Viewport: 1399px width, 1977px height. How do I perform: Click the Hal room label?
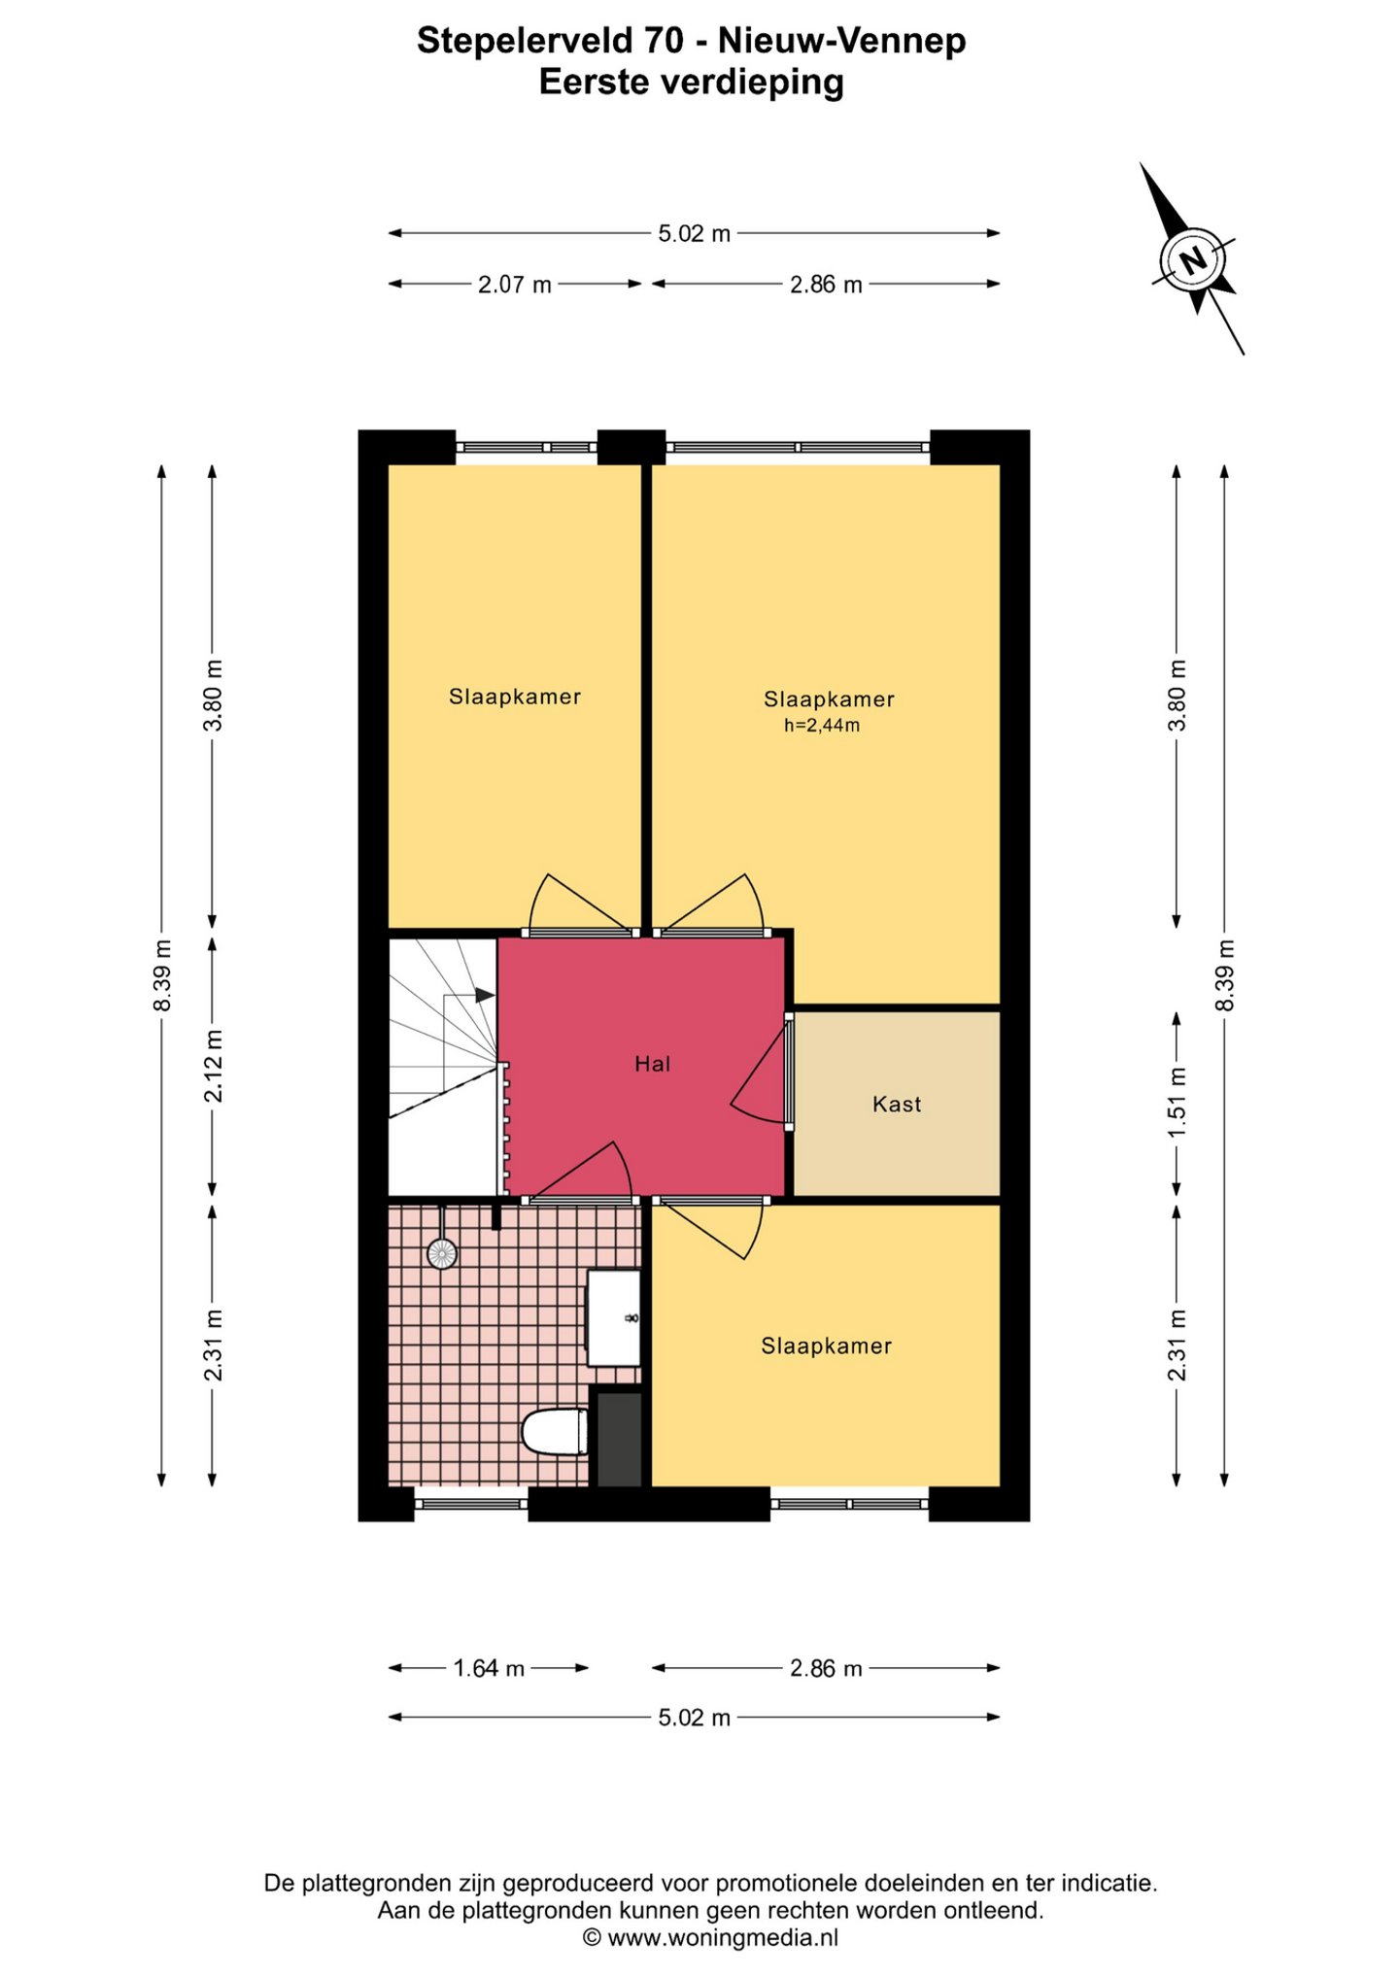652,1064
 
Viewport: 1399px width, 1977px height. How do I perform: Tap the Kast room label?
897,1104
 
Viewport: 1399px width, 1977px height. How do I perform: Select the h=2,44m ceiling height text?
822,726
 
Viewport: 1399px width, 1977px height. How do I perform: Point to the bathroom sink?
614,1318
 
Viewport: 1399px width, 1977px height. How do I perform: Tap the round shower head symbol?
442,1254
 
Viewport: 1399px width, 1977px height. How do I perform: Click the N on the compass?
1193,259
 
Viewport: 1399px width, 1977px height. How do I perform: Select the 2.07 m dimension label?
515,285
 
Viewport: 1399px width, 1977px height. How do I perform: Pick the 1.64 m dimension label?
489,1668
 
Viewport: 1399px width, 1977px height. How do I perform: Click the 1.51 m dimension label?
1177,1104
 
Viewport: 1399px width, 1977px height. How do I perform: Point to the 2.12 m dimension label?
213,1066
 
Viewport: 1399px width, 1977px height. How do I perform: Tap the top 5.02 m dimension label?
694,233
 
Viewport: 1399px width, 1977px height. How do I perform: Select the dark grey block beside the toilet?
619,1440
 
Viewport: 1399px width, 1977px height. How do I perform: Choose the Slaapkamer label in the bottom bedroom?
826,1346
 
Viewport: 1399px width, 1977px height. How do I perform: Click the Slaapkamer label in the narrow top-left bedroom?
515,697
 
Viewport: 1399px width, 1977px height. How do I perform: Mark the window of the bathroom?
471,1504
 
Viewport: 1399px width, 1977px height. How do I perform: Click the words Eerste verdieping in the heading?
691,83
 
